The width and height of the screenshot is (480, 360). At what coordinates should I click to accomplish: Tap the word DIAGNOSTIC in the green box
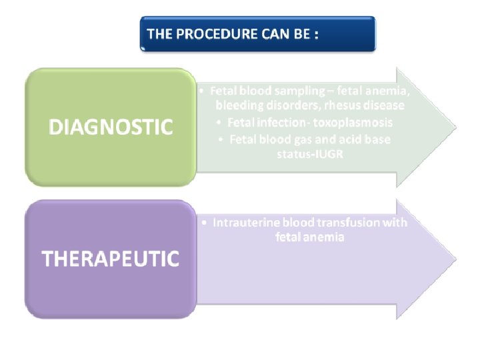tap(111, 127)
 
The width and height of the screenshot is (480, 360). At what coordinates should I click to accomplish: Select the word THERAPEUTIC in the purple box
tap(111, 259)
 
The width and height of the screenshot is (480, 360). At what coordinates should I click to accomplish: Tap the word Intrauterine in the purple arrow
tap(244, 223)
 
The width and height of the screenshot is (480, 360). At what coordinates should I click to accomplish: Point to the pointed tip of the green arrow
tap(455, 127)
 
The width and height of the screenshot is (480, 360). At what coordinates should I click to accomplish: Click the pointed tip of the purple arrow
tap(455, 259)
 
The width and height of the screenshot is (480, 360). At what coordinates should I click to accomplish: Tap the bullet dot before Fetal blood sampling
tap(202, 89)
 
